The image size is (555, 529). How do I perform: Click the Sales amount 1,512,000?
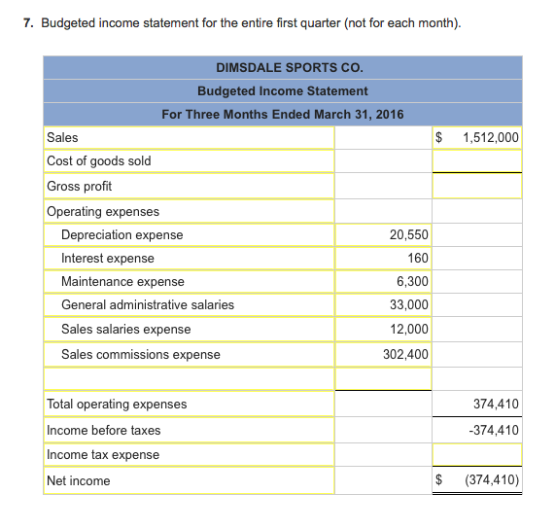point(492,137)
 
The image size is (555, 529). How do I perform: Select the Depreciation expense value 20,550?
point(408,235)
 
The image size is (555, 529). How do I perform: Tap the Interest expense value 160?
point(418,259)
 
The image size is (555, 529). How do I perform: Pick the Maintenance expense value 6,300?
point(412,282)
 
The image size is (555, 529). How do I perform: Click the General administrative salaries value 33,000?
point(408,305)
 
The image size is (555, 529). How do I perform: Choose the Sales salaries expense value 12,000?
point(408,330)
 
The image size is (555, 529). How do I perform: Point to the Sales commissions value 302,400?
point(405,355)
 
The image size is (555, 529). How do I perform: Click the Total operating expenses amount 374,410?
point(496,405)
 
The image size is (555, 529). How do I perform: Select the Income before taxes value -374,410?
point(495,430)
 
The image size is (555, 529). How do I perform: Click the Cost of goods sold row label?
point(99,161)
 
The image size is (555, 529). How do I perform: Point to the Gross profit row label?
point(80,186)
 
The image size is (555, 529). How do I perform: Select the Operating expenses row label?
point(103,212)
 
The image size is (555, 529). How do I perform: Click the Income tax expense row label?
point(103,455)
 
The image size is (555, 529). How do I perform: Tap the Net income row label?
point(79,481)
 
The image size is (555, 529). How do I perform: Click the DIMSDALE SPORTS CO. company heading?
point(282,68)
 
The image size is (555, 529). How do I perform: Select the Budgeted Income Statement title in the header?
point(282,91)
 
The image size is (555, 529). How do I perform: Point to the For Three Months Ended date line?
point(282,115)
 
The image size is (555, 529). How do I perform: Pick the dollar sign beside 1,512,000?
point(439,137)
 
